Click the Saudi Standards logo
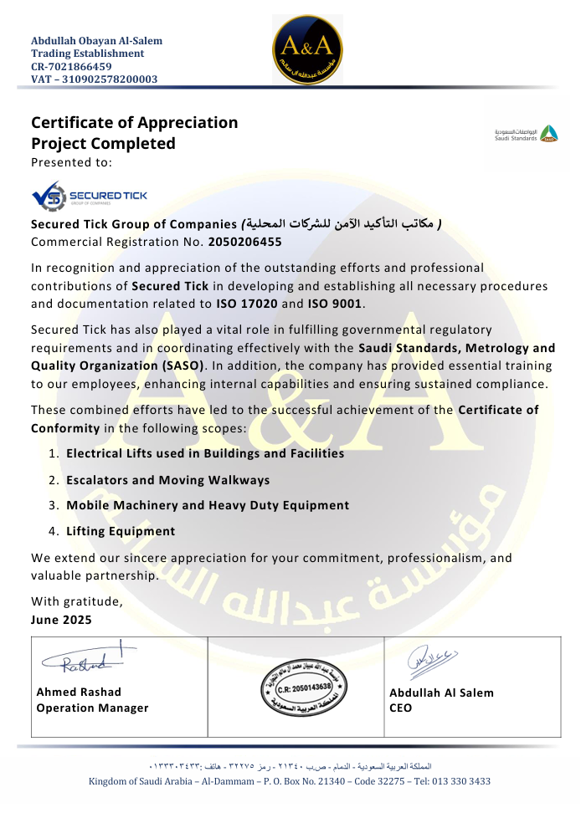pos(526,134)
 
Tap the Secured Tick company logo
pos(89,197)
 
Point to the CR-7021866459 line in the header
pos(71,66)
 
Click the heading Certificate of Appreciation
pos(134,123)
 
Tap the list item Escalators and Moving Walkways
pos(167,480)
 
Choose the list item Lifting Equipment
pos(121,531)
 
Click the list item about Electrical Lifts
pos(205,453)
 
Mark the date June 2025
pos(61,620)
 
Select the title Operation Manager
pos(92,708)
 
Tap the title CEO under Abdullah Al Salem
pos(401,708)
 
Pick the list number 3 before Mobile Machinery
pos(52,505)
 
